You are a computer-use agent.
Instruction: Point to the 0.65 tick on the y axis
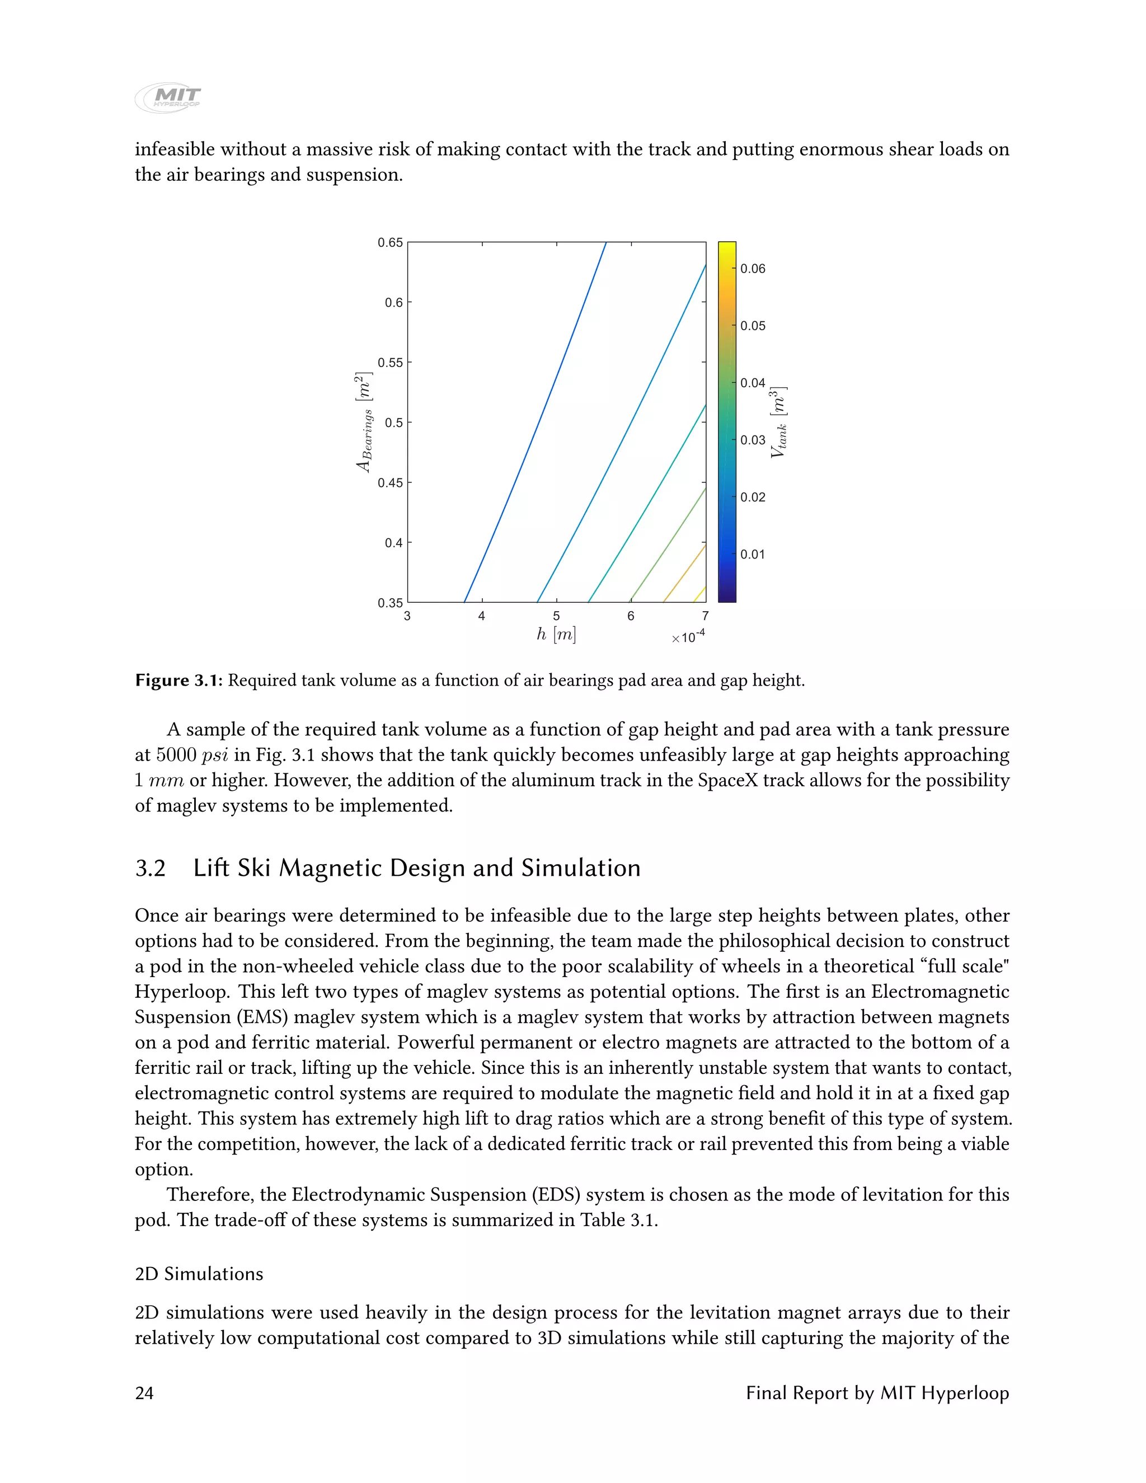click(391, 242)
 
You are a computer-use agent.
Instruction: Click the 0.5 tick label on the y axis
click(394, 423)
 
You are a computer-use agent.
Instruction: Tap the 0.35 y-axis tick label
click(391, 603)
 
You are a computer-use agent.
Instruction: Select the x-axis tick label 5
click(556, 617)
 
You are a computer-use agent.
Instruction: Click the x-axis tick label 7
click(706, 617)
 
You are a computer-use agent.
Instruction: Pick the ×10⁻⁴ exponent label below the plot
click(688, 637)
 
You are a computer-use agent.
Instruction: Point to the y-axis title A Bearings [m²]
click(365, 423)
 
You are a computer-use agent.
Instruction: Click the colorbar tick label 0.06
click(752, 269)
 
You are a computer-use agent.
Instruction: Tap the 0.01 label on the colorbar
click(752, 555)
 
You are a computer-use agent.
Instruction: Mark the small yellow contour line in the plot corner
click(700, 594)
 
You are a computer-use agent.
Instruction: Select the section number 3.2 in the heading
click(150, 869)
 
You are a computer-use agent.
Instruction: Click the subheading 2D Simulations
click(199, 1274)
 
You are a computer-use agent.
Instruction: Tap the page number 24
click(144, 1393)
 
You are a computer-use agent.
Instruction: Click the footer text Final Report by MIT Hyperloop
click(877, 1393)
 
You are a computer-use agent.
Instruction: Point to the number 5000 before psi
click(176, 755)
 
